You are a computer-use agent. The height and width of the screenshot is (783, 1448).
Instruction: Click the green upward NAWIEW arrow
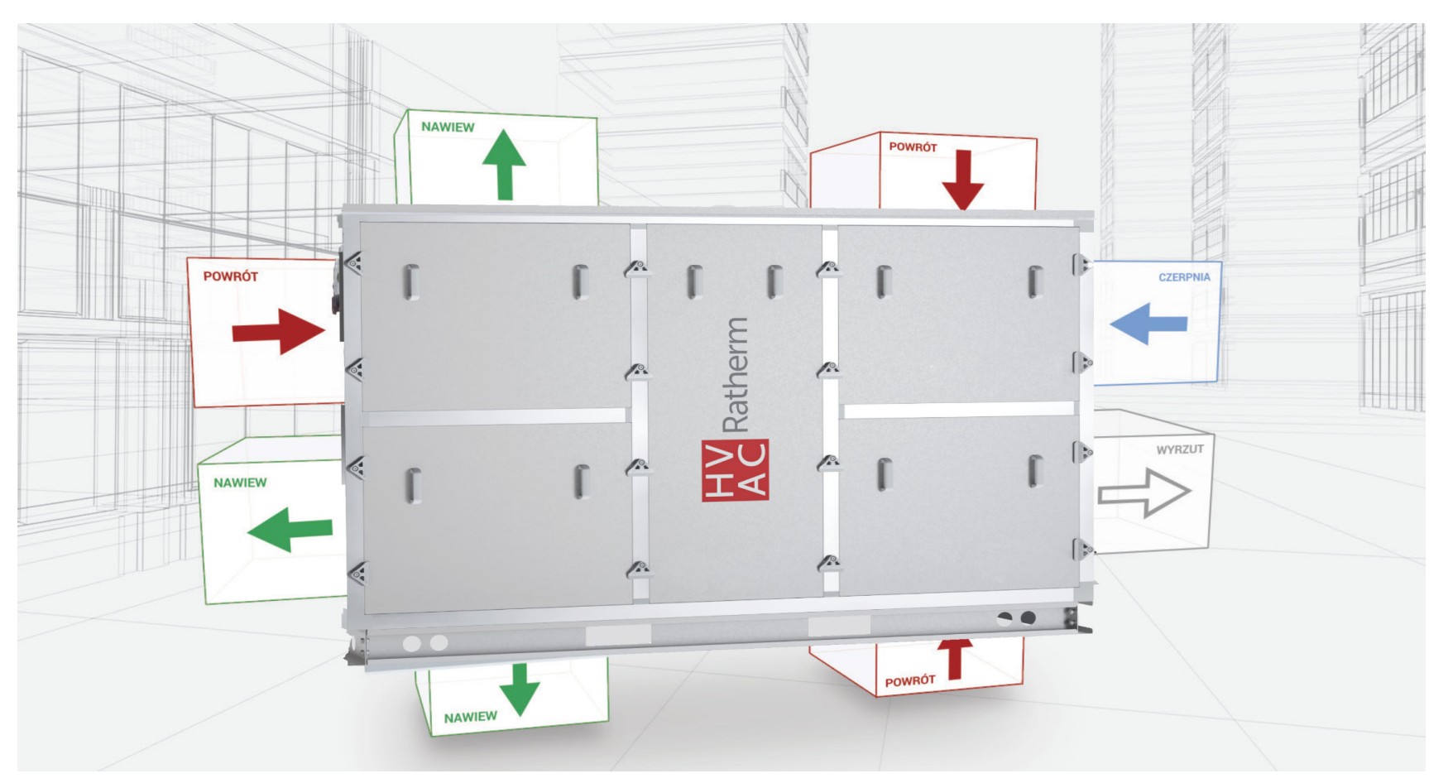(504, 166)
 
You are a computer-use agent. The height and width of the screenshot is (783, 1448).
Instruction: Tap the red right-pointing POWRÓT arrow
(279, 332)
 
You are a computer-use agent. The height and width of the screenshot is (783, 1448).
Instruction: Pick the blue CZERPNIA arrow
(1148, 324)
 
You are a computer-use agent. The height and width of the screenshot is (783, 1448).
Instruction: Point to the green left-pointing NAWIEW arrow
(290, 530)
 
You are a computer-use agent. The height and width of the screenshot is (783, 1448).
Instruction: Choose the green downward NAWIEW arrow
(520, 689)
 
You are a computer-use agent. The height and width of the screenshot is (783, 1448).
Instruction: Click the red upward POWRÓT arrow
(954, 658)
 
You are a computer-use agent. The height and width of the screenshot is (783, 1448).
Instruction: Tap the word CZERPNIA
(1184, 277)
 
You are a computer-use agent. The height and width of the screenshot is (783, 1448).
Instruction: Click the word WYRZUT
(1180, 449)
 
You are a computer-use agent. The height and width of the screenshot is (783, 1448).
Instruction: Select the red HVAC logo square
(735, 470)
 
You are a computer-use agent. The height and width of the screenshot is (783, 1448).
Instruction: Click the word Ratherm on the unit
(736, 375)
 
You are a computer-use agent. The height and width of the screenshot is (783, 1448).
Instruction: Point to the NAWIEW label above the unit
(448, 127)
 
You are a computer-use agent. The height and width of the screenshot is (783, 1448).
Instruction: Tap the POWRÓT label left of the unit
(231, 276)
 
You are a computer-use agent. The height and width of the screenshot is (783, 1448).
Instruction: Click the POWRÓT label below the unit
(910, 681)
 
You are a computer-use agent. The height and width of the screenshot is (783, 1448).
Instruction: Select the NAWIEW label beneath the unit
(471, 717)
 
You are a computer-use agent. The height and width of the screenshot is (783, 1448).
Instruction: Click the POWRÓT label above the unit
(913, 147)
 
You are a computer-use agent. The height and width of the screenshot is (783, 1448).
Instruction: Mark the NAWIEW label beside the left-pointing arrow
(240, 483)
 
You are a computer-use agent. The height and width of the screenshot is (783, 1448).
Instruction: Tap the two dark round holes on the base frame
(1017, 617)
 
